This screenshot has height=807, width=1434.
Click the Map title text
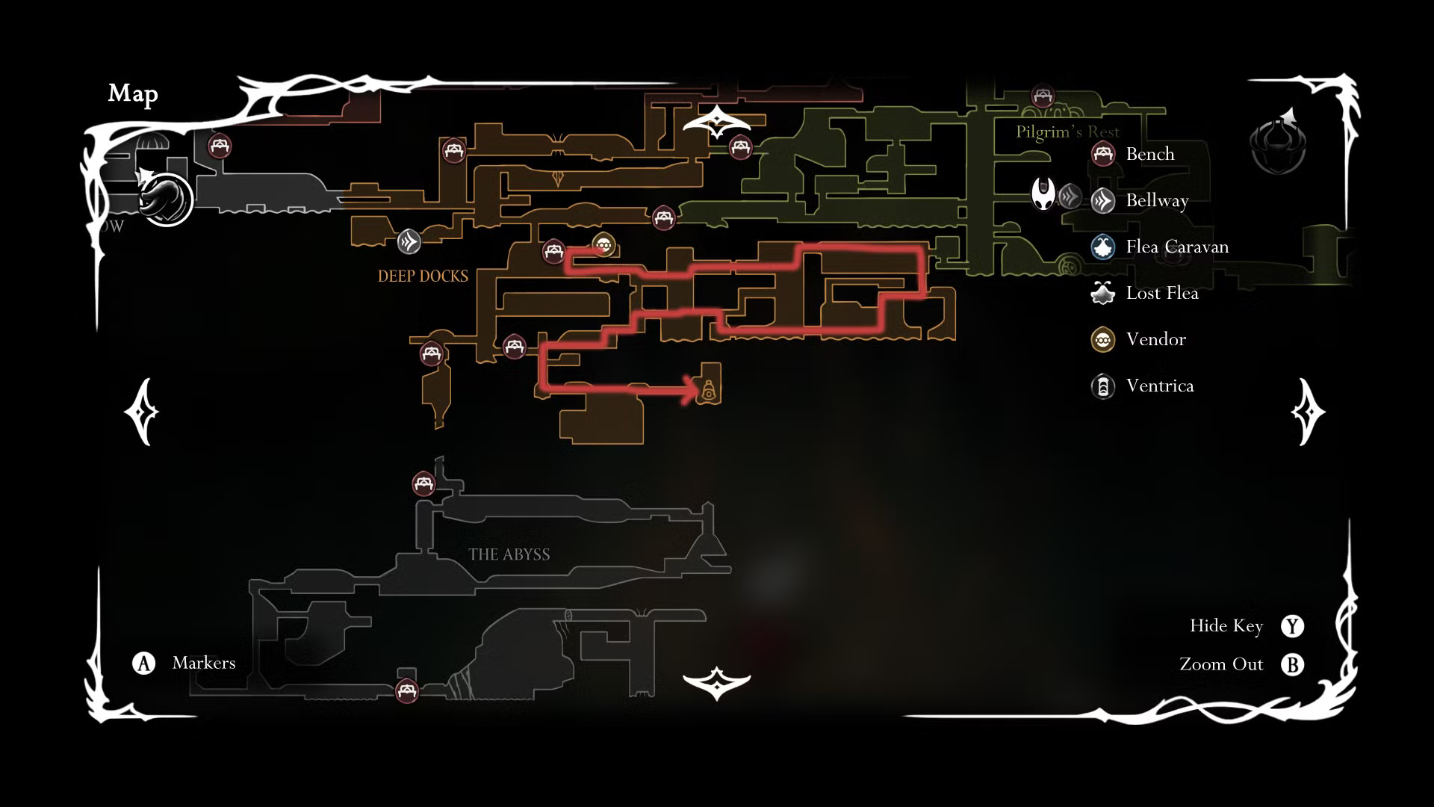coord(133,93)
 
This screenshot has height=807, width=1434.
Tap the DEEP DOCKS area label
coord(423,276)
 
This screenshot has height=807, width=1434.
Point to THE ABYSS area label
coord(509,554)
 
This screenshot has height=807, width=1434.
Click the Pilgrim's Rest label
coord(1067,132)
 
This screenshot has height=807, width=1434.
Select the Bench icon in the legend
coord(1103,155)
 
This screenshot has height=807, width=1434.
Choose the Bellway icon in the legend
coord(1103,201)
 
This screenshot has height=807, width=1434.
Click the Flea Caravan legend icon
coord(1103,247)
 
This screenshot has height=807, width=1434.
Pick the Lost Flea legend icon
coord(1103,294)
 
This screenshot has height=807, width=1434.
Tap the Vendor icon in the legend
coord(1103,340)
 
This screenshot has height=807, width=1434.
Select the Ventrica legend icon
coord(1103,386)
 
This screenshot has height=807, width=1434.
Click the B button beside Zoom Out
coord(1292,664)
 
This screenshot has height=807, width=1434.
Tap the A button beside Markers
coord(143,663)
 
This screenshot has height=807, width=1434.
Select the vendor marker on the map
coord(603,244)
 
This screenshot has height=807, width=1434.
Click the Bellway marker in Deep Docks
coord(409,241)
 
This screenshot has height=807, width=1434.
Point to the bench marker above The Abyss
coord(423,483)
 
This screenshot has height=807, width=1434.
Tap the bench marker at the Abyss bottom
coord(406,690)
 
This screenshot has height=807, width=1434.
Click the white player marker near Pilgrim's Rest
coord(1043,194)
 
